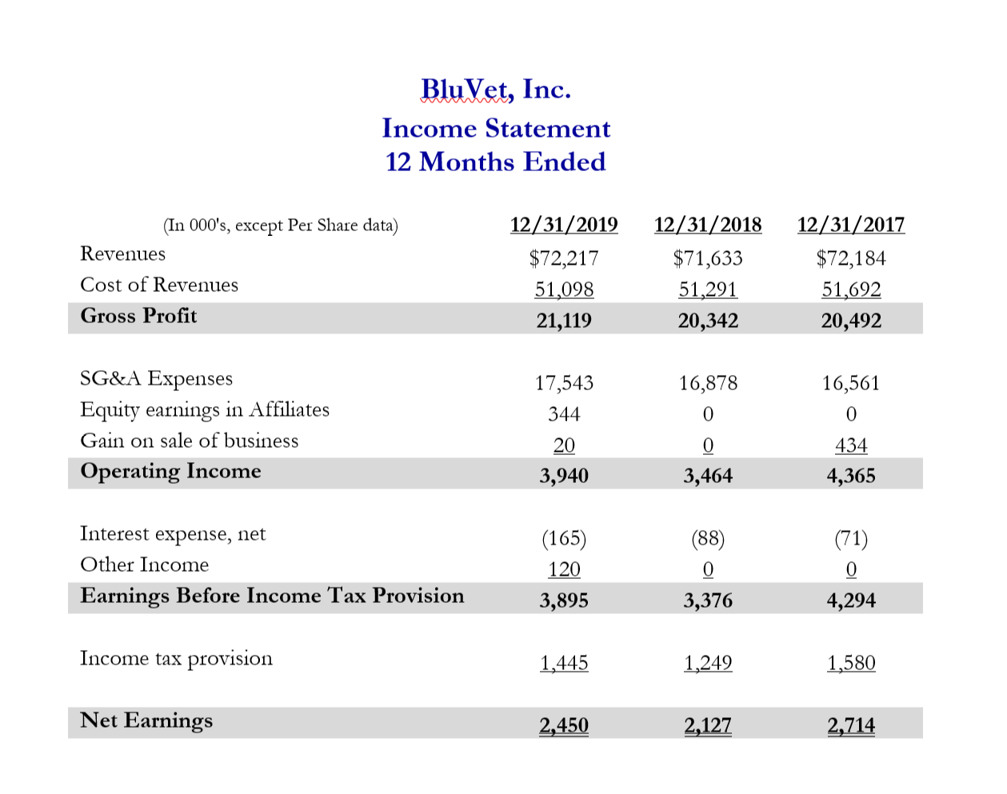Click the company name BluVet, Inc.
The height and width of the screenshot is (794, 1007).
[x=496, y=89]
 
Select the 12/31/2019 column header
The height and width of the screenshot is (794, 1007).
[x=564, y=225]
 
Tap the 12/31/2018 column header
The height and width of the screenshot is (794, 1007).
[x=708, y=225]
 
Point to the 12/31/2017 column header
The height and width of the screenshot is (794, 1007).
[x=851, y=225]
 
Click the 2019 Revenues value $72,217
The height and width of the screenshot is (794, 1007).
[x=564, y=258]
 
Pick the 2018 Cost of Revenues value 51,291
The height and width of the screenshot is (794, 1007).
[x=708, y=289]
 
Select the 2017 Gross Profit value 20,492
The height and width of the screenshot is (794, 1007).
[x=851, y=321]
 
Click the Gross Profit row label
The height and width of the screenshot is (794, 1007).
[x=138, y=316]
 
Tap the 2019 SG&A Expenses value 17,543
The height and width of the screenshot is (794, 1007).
[x=564, y=383]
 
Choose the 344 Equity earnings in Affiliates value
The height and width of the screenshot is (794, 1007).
[x=564, y=414]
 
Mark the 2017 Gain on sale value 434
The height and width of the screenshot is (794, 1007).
[x=851, y=445]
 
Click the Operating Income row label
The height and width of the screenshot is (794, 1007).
[x=170, y=471]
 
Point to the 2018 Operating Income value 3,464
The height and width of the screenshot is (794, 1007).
[x=708, y=476]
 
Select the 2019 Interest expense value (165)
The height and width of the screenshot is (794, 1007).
[x=564, y=538]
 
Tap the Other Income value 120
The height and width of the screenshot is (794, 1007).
[x=564, y=569]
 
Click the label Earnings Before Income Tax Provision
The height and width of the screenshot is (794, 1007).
[x=272, y=596]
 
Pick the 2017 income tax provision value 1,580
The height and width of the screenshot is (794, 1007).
[x=851, y=663]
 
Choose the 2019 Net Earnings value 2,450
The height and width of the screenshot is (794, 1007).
[x=564, y=725]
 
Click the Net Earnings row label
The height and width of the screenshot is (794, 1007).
[x=146, y=720]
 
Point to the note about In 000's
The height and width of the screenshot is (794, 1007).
[x=280, y=225]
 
